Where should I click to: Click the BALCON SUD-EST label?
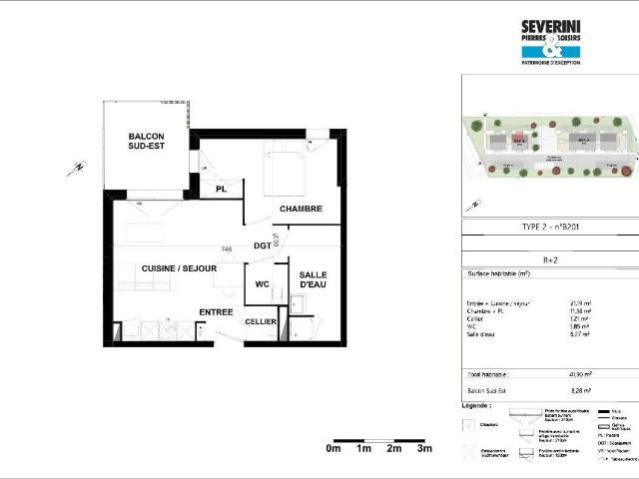146,142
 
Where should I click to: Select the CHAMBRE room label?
300,209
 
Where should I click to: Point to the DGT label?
262,245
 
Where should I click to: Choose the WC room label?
262,284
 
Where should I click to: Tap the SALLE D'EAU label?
314,280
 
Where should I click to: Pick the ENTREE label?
215,312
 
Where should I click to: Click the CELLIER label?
261,321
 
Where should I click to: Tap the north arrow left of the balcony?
76,168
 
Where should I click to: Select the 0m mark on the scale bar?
333,449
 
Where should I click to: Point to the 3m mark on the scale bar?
424,449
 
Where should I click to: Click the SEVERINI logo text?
550,28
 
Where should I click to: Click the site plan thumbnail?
550,150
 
